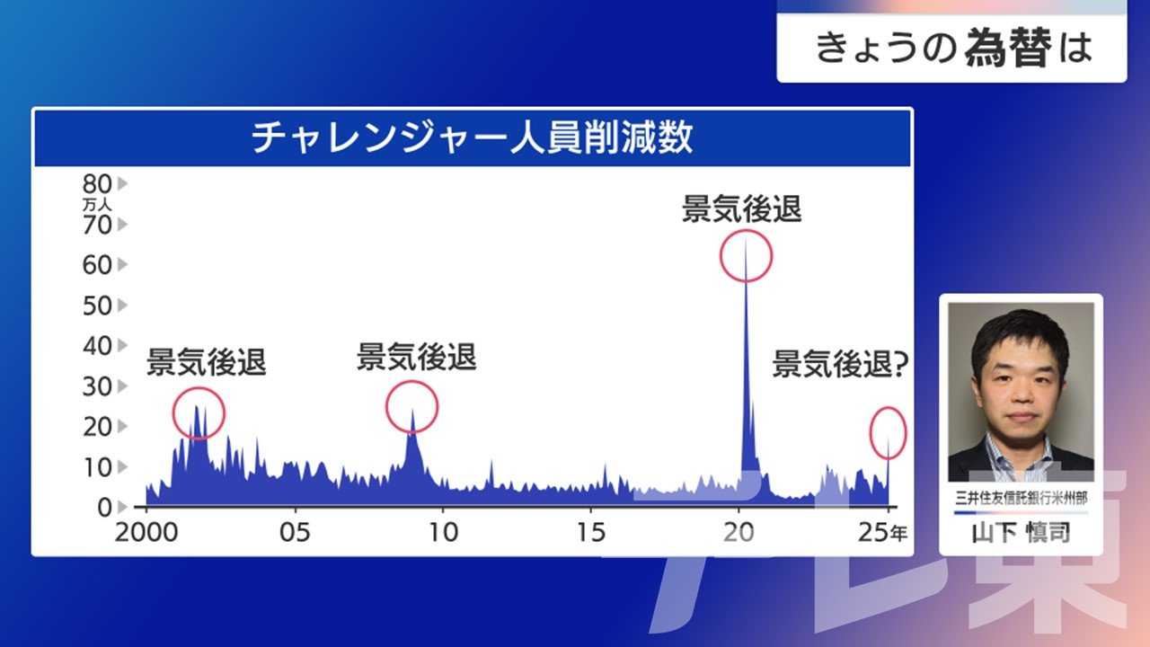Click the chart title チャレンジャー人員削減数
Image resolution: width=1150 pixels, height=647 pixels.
pos(473,137)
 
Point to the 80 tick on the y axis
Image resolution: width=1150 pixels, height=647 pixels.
pos(97,184)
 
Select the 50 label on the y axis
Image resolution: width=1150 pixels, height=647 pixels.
pos(97,306)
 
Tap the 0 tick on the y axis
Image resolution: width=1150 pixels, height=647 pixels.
pos(105,508)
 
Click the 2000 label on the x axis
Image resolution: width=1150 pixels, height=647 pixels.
pos(146,533)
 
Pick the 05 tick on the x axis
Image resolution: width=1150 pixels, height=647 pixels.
pos(295,533)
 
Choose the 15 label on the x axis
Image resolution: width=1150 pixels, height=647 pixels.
pos(591,533)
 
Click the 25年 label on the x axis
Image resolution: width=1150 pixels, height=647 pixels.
pos(882,533)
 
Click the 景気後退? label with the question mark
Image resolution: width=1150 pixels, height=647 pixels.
pos(840,364)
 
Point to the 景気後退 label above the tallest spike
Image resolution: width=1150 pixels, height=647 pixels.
pos(741,208)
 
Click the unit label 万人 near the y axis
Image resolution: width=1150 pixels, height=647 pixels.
pos(97,205)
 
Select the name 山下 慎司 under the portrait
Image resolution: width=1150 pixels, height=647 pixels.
pos(1022,533)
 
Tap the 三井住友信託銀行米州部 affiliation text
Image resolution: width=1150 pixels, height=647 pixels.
pos(1022,498)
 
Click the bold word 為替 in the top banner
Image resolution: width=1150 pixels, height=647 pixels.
pos(1008,48)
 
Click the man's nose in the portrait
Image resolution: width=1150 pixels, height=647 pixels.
pos(1022,395)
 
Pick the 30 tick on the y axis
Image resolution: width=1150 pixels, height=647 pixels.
pos(97,386)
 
